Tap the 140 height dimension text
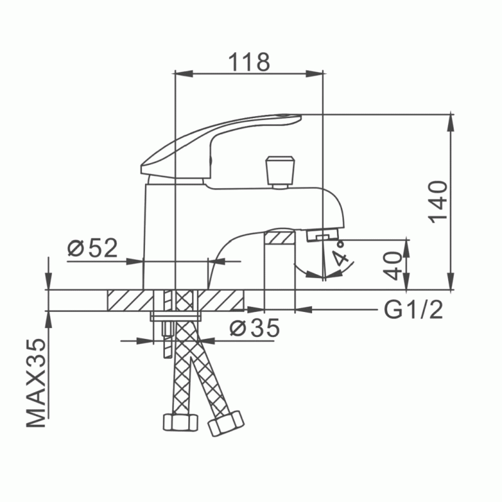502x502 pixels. point(437,202)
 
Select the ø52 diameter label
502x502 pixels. point(92,248)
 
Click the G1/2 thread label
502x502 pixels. point(414,309)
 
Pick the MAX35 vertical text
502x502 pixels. point(36,383)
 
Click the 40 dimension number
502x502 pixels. point(393,265)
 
